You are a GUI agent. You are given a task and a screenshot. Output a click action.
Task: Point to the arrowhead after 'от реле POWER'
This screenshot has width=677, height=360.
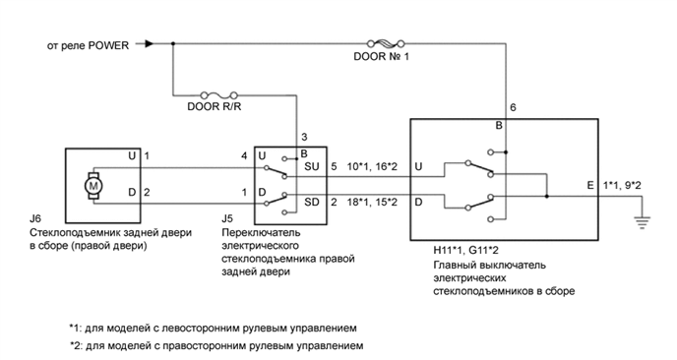click(x=150, y=43)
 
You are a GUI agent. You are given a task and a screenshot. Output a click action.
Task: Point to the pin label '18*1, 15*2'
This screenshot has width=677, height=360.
click(x=371, y=202)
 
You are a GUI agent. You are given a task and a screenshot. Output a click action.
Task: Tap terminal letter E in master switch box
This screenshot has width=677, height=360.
click(x=589, y=184)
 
